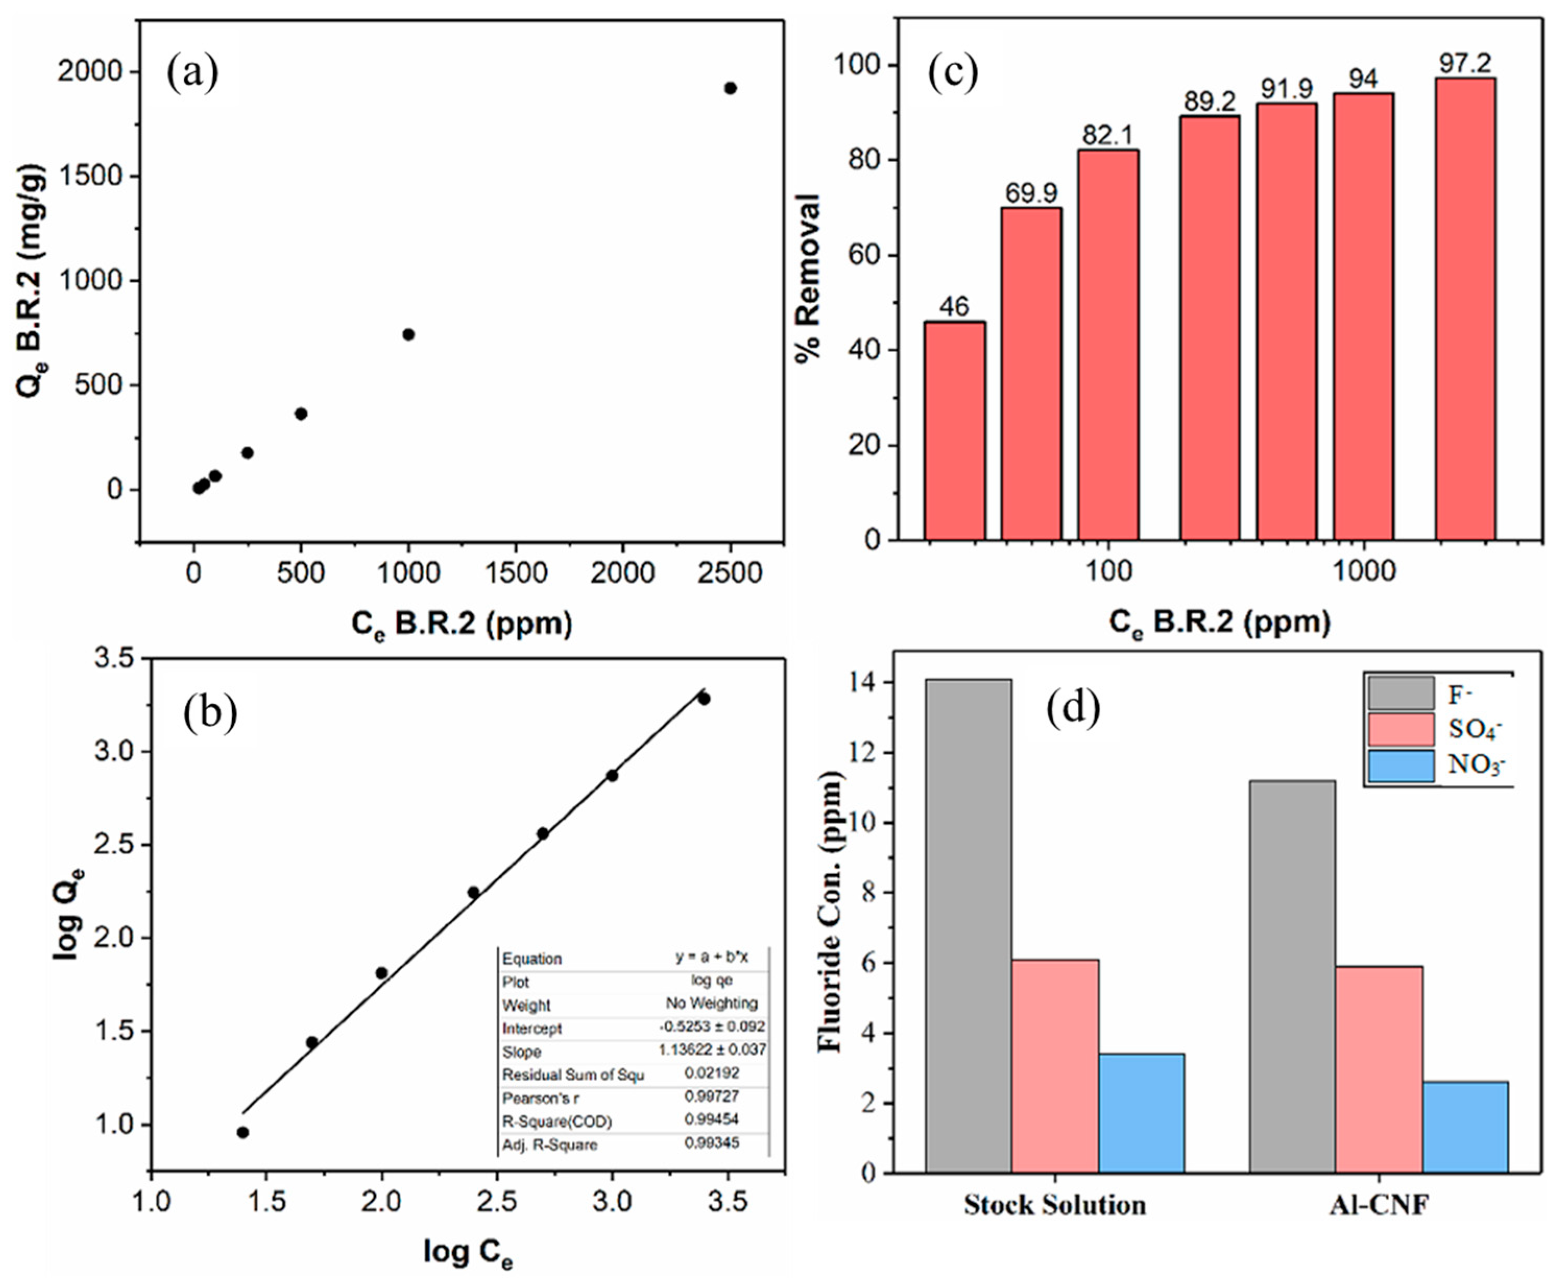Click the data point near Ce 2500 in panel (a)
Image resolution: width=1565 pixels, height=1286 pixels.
(x=730, y=88)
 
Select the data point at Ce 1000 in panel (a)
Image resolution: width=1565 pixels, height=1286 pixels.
(x=408, y=334)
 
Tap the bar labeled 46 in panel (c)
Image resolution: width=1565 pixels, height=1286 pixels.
(x=954, y=430)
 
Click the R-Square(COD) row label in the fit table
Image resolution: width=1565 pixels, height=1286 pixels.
(x=557, y=1121)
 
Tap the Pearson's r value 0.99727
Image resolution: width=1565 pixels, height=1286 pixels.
(x=711, y=1096)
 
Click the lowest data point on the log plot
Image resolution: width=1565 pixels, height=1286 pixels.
(x=243, y=1132)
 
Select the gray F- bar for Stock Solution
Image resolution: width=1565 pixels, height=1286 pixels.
(x=968, y=926)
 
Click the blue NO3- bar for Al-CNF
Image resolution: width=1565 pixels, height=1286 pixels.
(x=1464, y=1127)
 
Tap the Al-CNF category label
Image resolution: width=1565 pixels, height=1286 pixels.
(x=1378, y=1205)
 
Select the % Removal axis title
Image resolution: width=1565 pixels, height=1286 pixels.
(x=809, y=278)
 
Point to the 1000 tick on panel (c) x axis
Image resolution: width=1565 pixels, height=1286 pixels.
(x=1363, y=571)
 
